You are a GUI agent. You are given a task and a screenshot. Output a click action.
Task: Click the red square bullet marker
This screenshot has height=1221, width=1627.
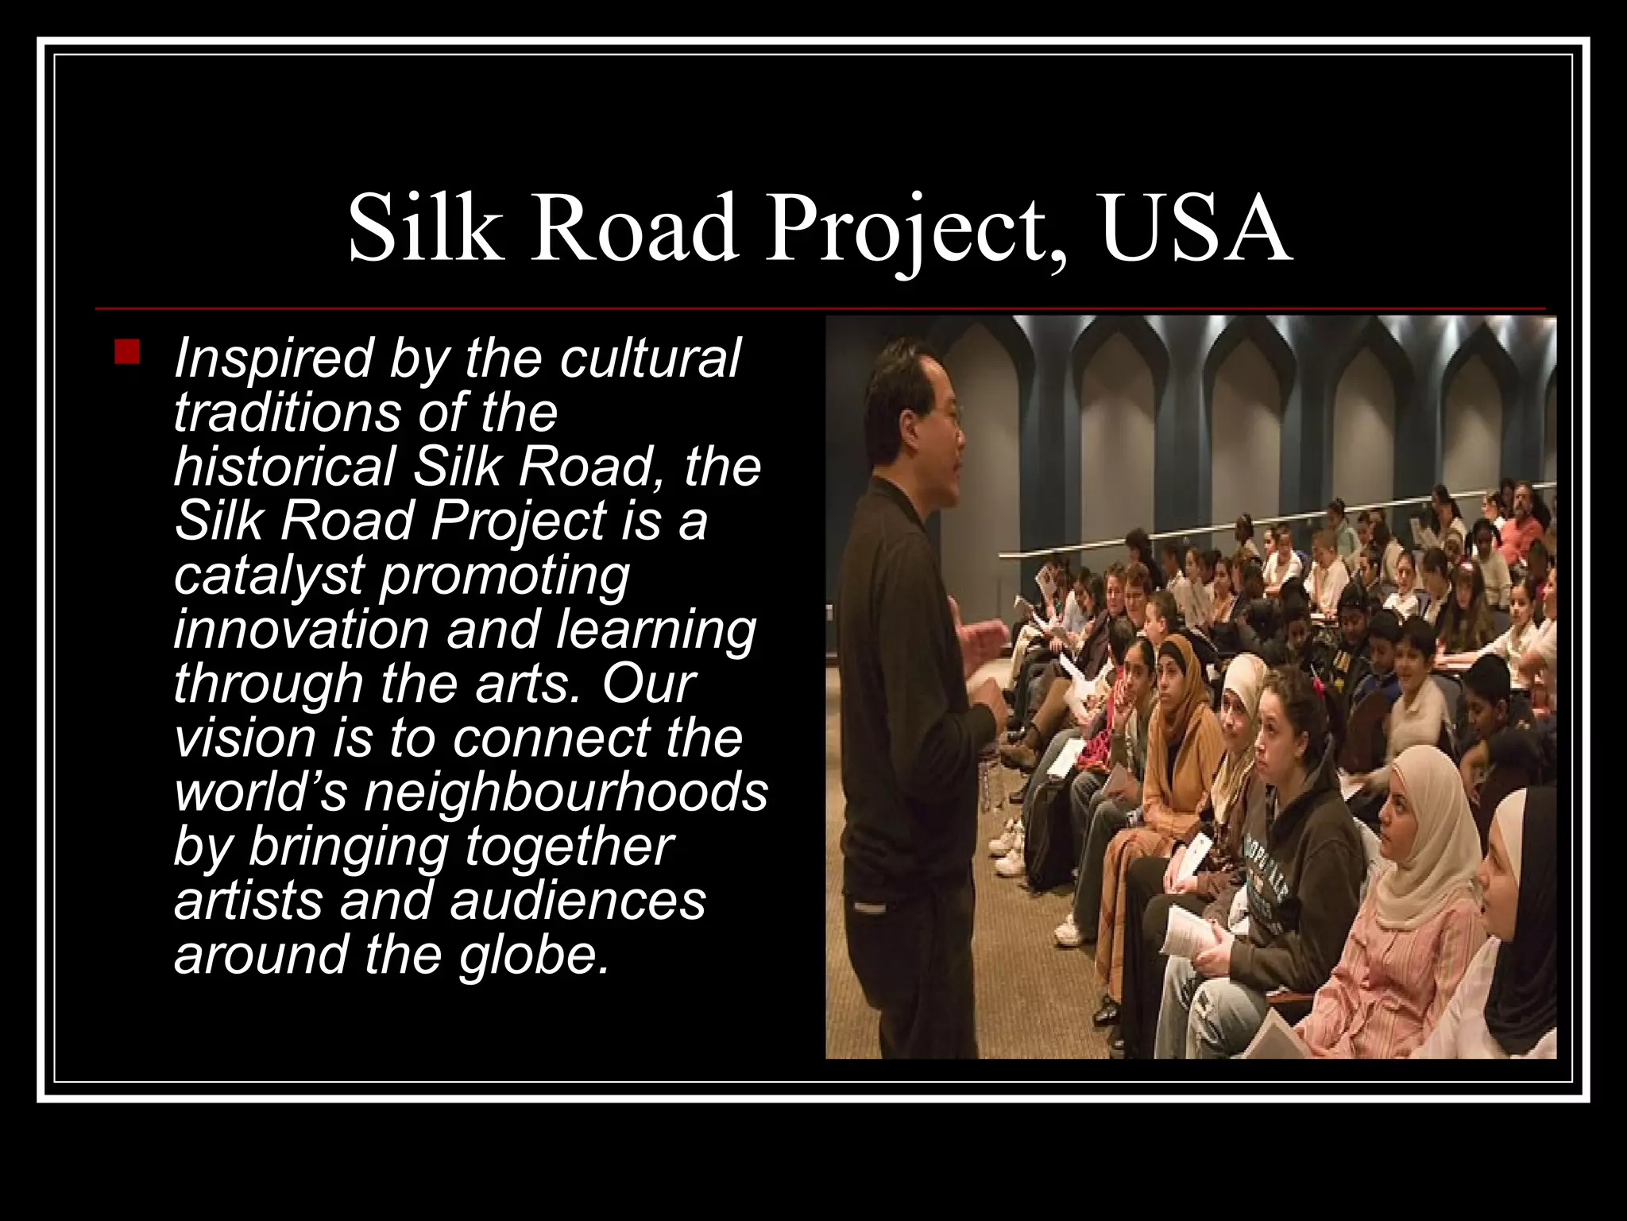coord(126,351)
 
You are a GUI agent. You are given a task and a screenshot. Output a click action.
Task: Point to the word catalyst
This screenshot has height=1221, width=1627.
coord(269,576)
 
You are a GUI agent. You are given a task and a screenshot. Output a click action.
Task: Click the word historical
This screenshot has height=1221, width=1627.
coord(284,467)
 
